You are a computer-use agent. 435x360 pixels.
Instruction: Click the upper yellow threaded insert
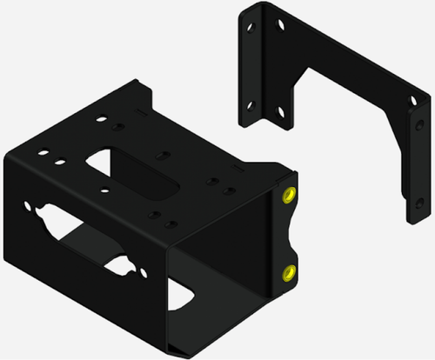(288, 194)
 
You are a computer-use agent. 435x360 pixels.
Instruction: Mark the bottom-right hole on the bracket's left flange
(281, 111)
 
